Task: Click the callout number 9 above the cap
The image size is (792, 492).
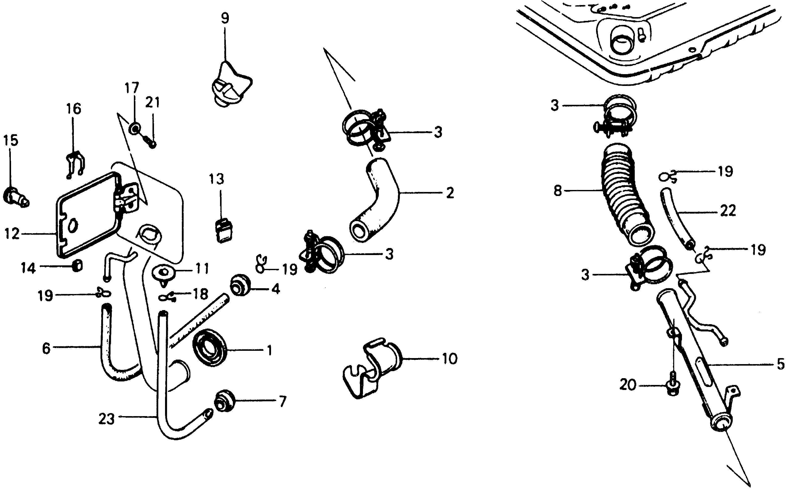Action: click(x=225, y=18)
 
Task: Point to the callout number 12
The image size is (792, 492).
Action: click(x=12, y=234)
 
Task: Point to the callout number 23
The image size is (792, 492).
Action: click(x=106, y=419)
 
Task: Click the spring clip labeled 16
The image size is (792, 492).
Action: click(x=75, y=165)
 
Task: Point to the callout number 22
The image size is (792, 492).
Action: click(x=728, y=211)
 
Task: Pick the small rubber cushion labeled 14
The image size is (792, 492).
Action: click(x=77, y=266)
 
